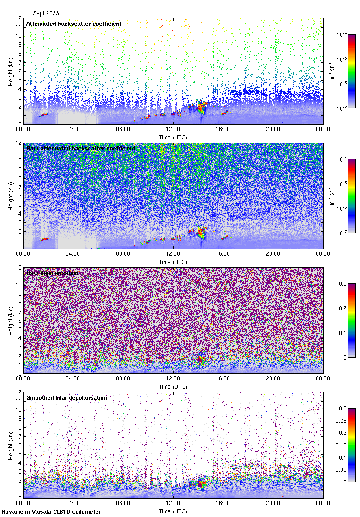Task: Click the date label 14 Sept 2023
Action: click(x=42, y=13)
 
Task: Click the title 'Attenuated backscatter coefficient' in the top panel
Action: click(x=74, y=24)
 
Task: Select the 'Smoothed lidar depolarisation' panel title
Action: click(x=66, y=397)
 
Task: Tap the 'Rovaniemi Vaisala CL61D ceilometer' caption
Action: click(x=51, y=511)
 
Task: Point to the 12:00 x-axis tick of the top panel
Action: click(x=173, y=129)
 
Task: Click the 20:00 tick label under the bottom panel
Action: click(x=273, y=503)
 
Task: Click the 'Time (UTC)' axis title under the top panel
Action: click(x=173, y=137)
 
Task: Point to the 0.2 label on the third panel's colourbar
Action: click(x=342, y=308)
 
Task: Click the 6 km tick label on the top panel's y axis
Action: click(x=19, y=71)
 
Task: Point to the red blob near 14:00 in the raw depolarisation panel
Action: click(x=200, y=360)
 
